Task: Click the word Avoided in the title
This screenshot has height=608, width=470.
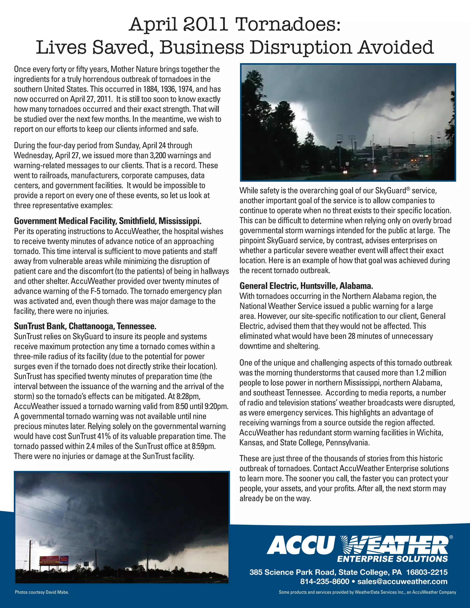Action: tap(396, 47)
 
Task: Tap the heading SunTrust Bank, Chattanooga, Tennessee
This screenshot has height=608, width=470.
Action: tap(85, 326)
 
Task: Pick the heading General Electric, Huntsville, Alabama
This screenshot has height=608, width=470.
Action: tap(306, 286)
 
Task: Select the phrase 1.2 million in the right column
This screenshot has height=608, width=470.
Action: tap(431, 373)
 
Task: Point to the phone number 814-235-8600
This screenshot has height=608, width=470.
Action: tap(324, 582)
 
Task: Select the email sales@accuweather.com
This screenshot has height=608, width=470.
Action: tap(402, 582)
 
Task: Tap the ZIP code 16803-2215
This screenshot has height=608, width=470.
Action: tap(427, 572)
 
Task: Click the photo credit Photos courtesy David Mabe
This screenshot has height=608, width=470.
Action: tap(42, 592)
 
